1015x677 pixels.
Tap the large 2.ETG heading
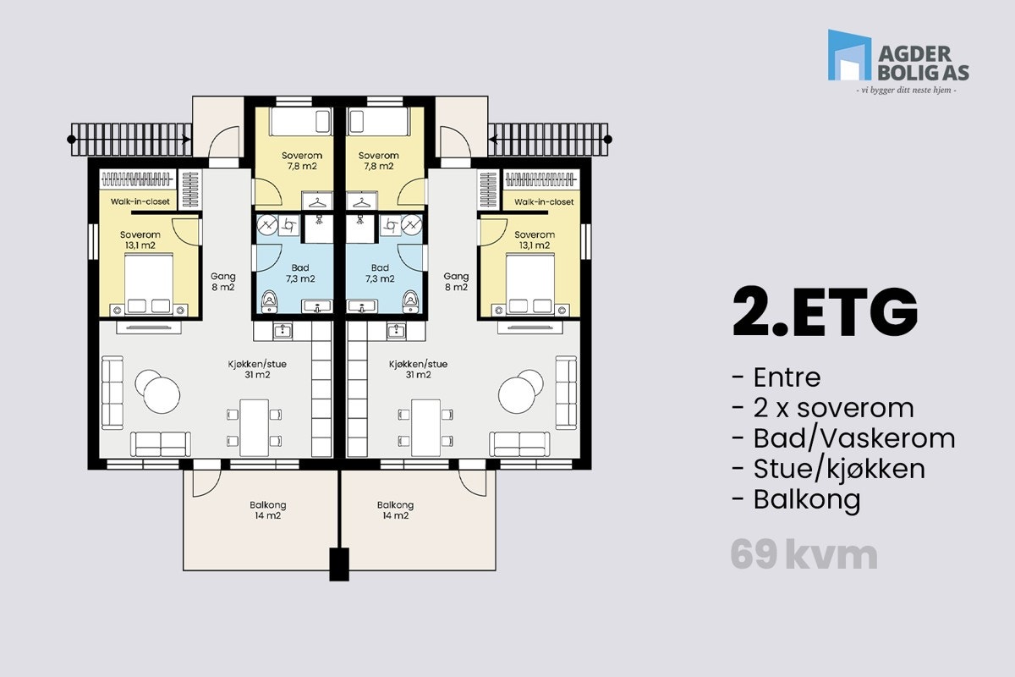(825, 312)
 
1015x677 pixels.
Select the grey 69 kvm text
(804, 556)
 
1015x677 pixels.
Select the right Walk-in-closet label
(544, 202)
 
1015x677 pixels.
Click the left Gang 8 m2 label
(223, 282)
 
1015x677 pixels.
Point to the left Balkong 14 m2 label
(266, 509)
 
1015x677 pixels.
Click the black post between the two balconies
(339, 564)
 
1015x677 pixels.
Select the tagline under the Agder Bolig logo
(907, 90)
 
